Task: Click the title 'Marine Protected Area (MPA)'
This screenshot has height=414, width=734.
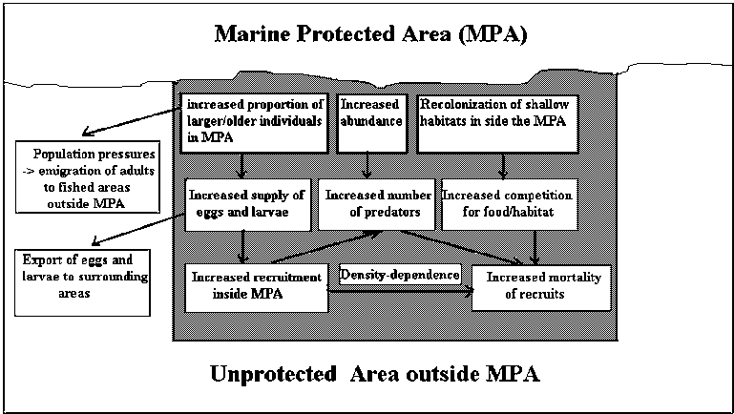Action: tap(370, 35)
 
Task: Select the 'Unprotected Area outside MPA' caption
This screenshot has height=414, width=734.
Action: tap(375, 373)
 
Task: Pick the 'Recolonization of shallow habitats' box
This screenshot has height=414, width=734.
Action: tap(497, 123)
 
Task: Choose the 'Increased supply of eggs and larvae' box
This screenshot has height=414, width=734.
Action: tap(249, 204)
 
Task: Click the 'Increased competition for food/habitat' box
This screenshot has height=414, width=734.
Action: tap(509, 204)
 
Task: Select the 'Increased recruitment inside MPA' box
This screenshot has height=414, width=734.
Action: tap(255, 284)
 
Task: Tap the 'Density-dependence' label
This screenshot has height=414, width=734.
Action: tap(400, 275)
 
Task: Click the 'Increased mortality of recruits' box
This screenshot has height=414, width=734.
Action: tap(540, 284)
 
